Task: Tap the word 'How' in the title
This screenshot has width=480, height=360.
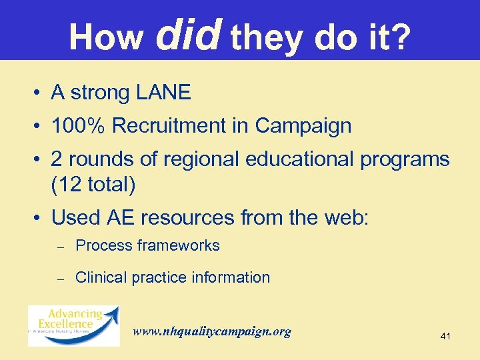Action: (x=106, y=37)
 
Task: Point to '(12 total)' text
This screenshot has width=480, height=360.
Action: (x=93, y=185)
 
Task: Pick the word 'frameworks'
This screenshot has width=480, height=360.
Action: (x=178, y=245)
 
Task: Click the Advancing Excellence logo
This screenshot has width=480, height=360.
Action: (x=73, y=325)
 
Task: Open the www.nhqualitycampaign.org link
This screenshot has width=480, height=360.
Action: (x=212, y=331)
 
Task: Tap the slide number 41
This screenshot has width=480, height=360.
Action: (x=445, y=337)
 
